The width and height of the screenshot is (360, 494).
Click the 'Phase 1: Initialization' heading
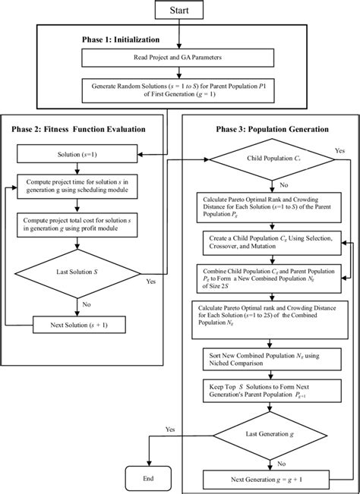click(122, 38)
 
